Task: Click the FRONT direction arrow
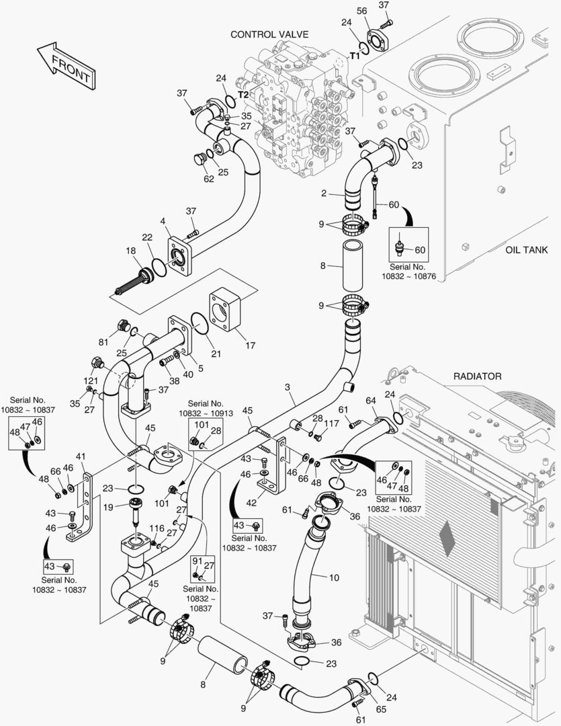point(65,66)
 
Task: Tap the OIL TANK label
point(526,250)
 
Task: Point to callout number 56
point(361,11)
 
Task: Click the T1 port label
point(355,56)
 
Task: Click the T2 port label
point(243,95)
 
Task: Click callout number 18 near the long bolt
point(130,250)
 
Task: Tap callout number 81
point(103,341)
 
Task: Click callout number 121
point(90,380)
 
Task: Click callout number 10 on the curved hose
point(334,577)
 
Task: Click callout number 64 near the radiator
point(370,401)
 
